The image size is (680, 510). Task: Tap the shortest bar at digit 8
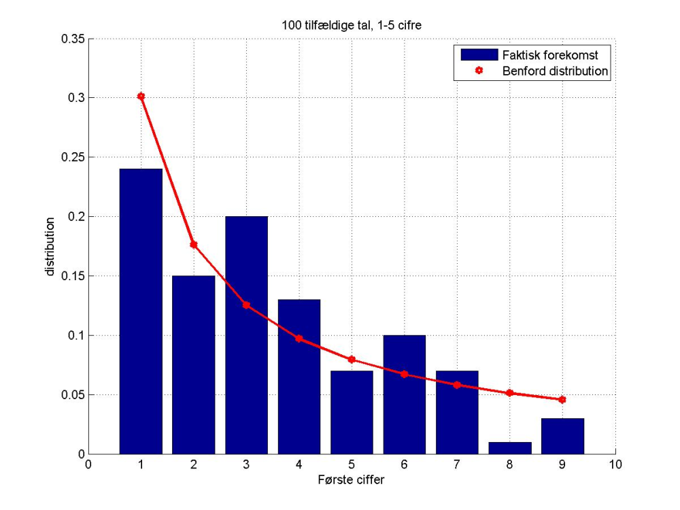point(510,448)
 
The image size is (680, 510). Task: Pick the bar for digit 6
point(405,394)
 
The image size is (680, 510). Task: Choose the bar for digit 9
point(562,436)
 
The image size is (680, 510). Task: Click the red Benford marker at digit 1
point(141,97)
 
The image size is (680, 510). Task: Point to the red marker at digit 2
point(194,244)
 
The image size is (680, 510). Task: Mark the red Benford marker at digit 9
point(562,400)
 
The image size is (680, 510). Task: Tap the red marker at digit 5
point(352,359)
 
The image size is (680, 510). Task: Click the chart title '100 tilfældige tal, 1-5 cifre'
point(351,26)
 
